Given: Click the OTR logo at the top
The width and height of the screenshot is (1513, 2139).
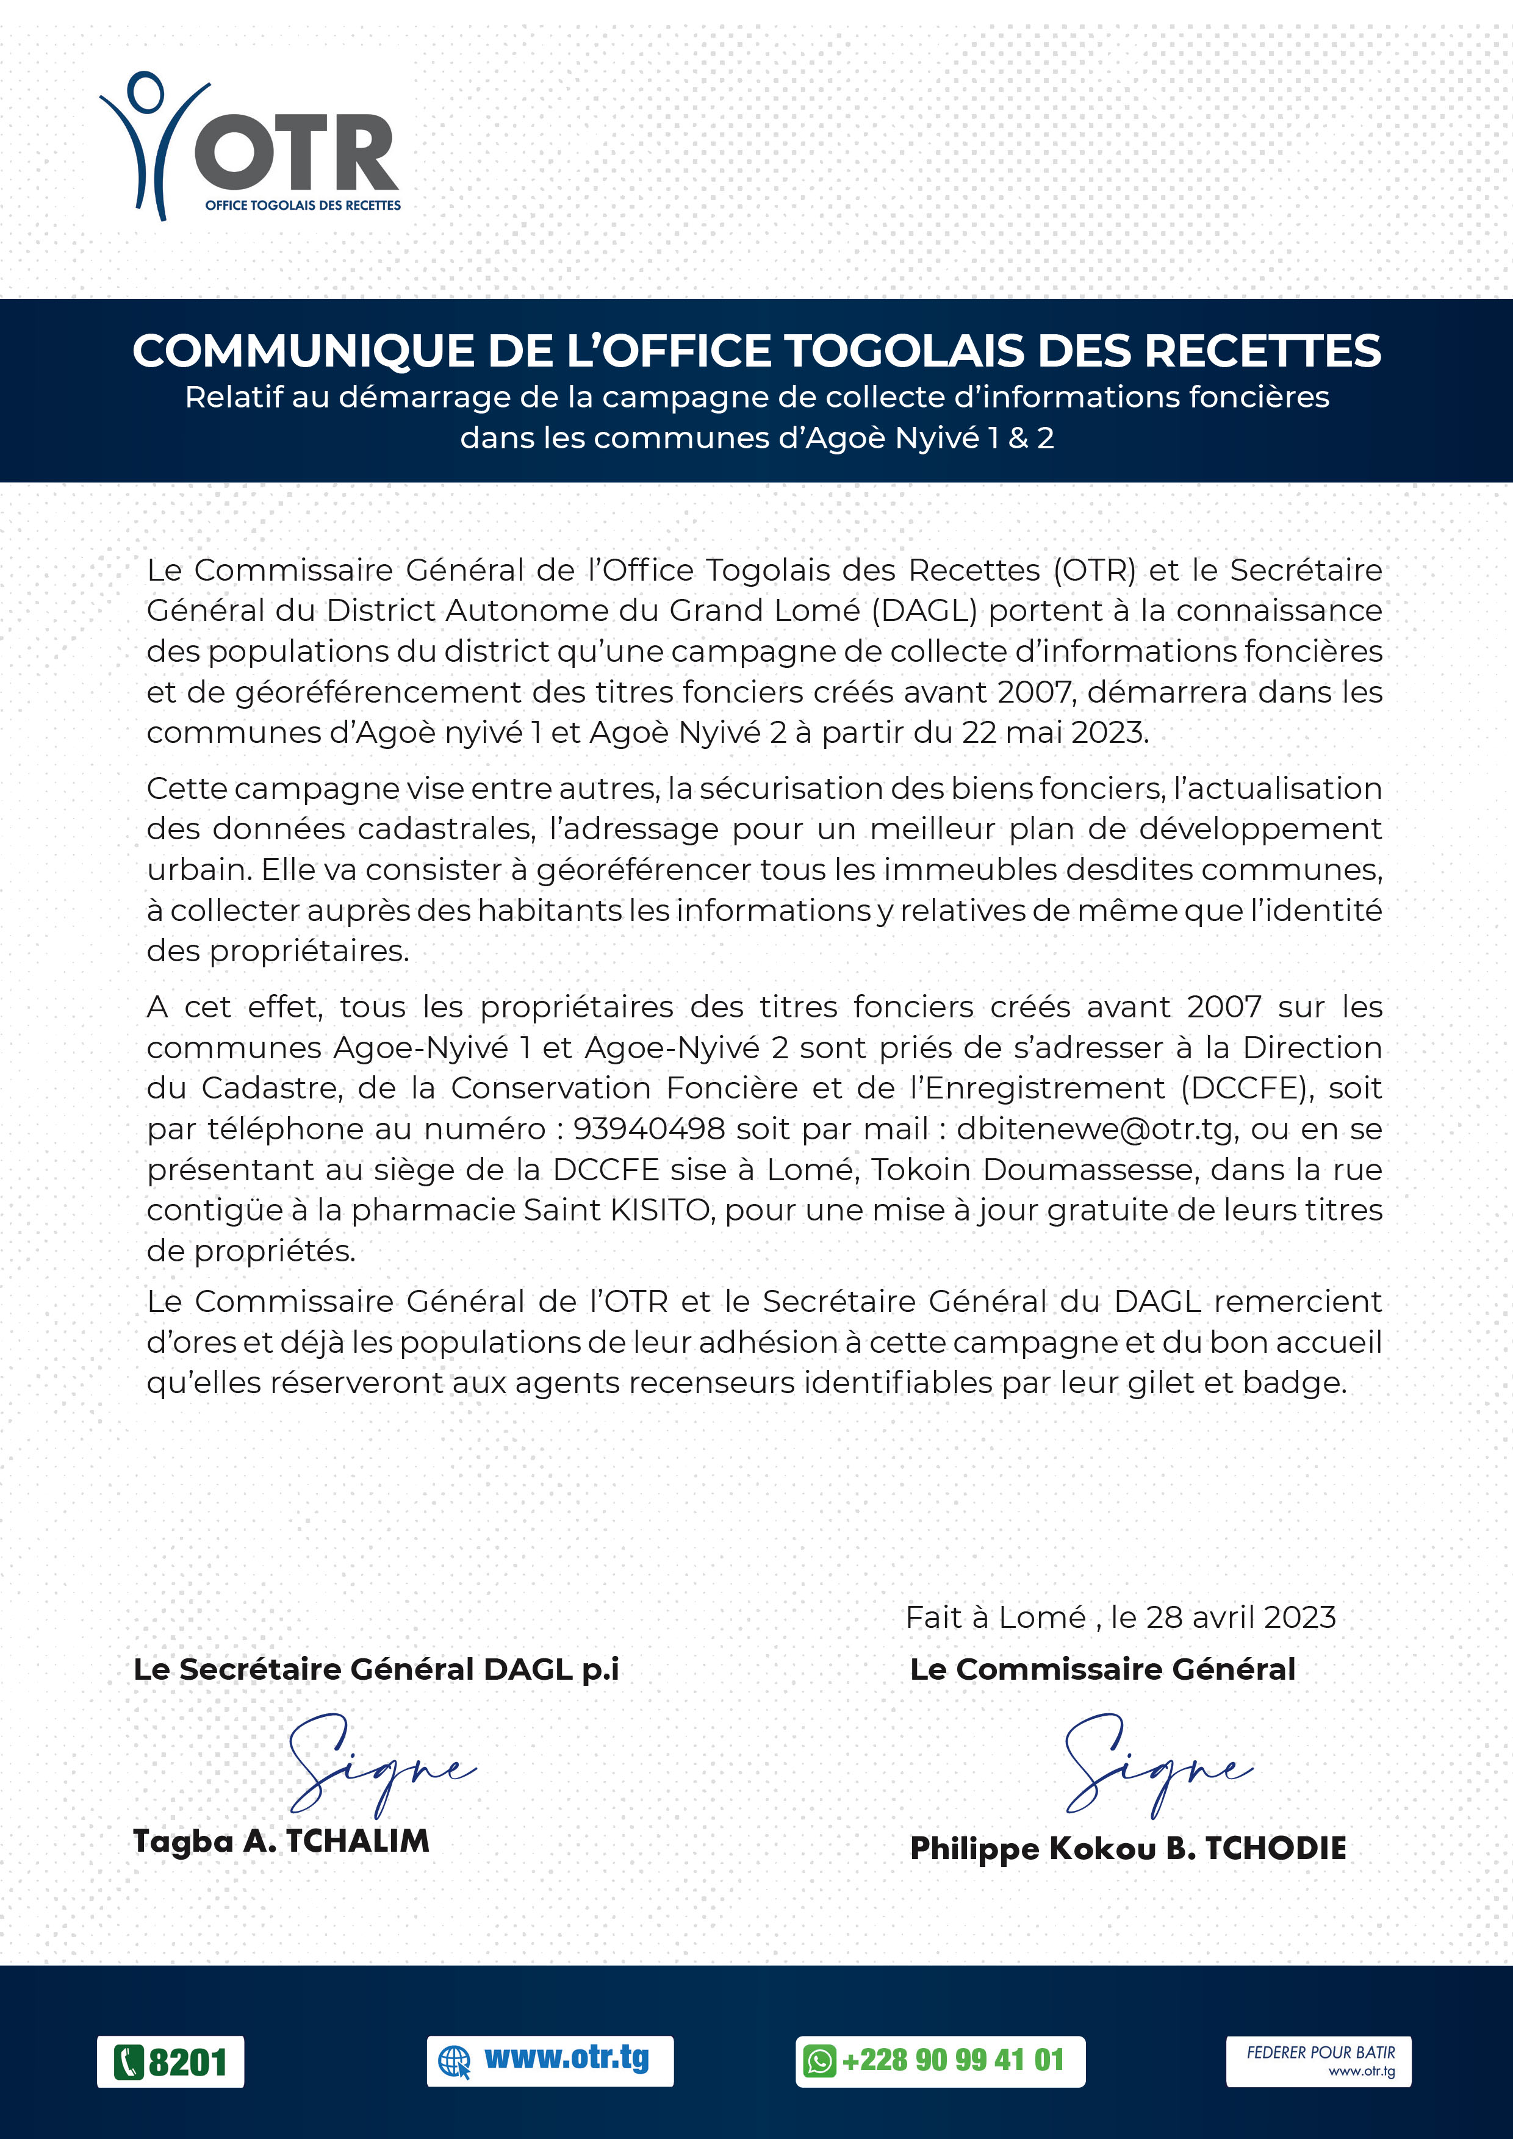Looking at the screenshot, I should pyautogui.click(x=250, y=146).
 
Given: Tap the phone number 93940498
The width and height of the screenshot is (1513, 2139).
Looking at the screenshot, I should pyautogui.click(x=649, y=1129).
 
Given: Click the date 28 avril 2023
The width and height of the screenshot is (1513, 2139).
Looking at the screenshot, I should pyautogui.click(x=1240, y=1618).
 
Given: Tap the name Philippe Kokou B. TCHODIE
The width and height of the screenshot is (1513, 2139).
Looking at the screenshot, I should pyautogui.click(x=1127, y=1848).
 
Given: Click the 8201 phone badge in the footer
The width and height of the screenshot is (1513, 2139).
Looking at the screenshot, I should pyautogui.click(x=170, y=2062).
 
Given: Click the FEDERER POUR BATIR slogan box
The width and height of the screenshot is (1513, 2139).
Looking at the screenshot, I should pyautogui.click(x=1317, y=2061).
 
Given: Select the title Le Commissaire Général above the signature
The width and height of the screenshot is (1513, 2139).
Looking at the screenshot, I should pyautogui.click(x=1102, y=1669).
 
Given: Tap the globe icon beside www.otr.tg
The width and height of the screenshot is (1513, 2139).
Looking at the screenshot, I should pyautogui.click(x=454, y=2062).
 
